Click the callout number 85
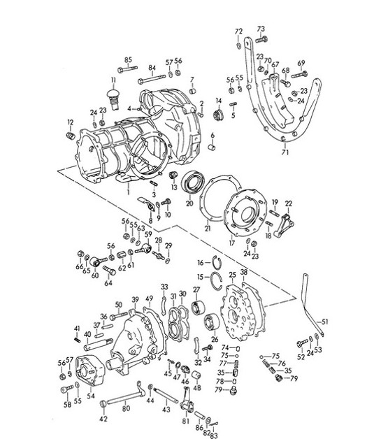click(x=128, y=59)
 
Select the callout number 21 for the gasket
click(x=207, y=227)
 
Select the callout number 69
click(x=301, y=63)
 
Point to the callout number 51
click(x=324, y=322)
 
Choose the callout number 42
click(x=103, y=419)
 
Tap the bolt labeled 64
click(x=108, y=269)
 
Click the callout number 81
click(x=185, y=421)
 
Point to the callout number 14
click(x=218, y=101)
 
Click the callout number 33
click(x=163, y=287)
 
